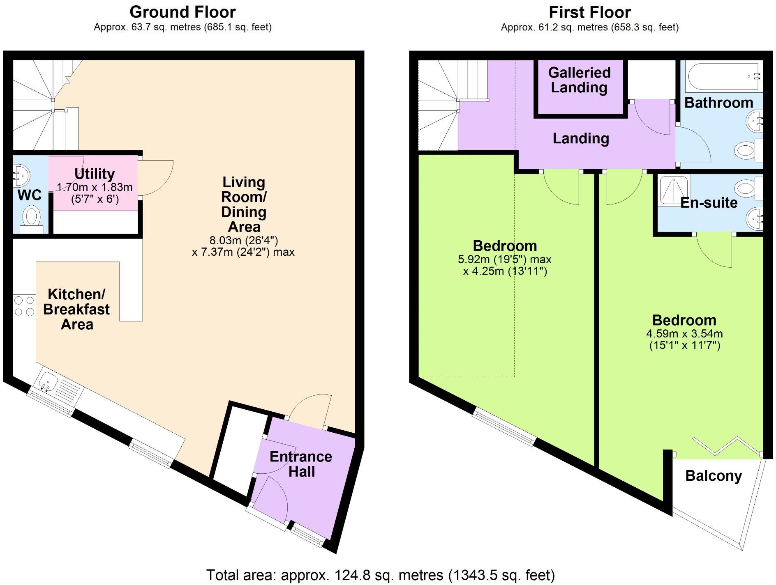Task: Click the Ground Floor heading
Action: [x=182, y=12]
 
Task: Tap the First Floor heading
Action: [x=589, y=12]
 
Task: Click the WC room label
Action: [x=29, y=195]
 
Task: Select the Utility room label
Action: [x=95, y=174]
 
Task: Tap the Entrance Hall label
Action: [x=301, y=464]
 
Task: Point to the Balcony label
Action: [x=714, y=476]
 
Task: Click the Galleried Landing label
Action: [x=579, y=80]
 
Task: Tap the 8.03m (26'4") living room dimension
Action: [x=244, y=240]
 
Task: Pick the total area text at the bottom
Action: [x=380, y=575]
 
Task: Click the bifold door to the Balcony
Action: [x=725, y=447]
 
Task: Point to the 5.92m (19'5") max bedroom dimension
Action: [x=504, y=259]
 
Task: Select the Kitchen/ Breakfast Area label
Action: [x=76, y=309]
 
